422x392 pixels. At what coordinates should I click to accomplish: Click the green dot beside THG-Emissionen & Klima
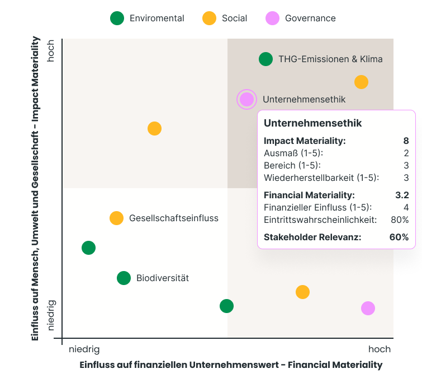(265, 59)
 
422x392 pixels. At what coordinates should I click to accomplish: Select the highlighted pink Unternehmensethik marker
(246, 100)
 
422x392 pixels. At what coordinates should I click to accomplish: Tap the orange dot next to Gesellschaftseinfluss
(116, 218)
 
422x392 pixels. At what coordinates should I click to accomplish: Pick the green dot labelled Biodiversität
(124, 278)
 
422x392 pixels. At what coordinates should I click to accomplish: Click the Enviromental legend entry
(148, 18)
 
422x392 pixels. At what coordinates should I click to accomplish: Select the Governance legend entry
(302, 18)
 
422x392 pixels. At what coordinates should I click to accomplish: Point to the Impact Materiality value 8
(406, 141)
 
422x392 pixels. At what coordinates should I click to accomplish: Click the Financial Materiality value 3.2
(402, 195)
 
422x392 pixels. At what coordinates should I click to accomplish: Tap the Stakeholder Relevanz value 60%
(399, 237)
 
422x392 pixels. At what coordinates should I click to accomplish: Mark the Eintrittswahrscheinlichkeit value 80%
(400, 220)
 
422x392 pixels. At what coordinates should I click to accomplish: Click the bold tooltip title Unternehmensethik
(312, 123)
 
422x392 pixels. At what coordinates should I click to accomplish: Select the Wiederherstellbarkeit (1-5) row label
(321, 178)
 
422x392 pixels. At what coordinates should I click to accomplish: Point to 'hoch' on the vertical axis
(51, 50)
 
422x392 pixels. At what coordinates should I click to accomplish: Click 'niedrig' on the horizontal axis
(84, 349)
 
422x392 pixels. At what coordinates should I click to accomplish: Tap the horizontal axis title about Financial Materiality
(231, 365)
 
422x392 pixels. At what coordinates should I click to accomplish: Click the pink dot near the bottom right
(368, 308)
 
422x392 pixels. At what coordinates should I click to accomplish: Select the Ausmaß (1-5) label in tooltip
(293, 153)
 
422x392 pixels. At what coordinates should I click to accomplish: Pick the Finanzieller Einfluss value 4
(406, 208)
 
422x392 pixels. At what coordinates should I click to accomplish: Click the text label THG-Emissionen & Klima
(330, 59)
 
